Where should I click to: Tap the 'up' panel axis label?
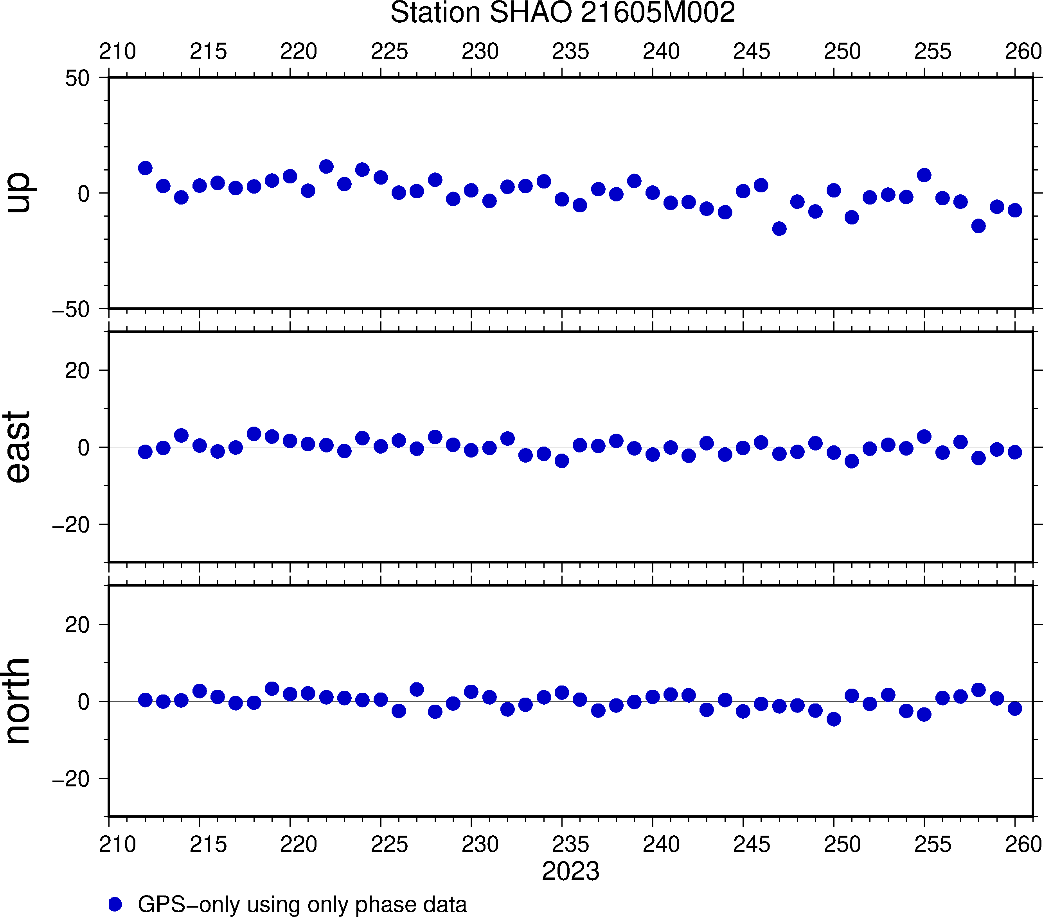18,193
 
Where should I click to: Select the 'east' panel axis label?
18,447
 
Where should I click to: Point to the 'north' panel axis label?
18,701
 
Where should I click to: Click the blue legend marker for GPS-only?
115,904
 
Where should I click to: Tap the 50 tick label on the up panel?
77,79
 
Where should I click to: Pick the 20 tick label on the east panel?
77,371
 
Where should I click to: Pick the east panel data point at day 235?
562,461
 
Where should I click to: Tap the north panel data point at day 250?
834,719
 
